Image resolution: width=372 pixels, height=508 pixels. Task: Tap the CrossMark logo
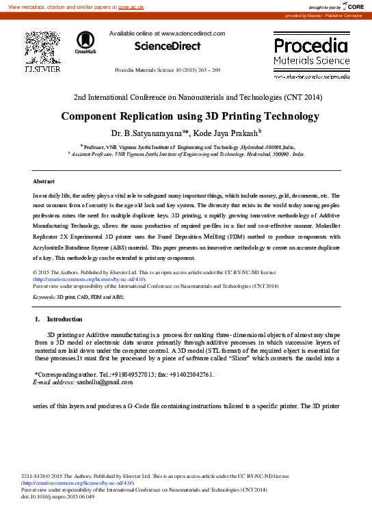(85, 42)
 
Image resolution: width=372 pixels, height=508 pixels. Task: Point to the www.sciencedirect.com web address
(192, 33)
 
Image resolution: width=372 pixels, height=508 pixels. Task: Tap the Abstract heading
(44, 181)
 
